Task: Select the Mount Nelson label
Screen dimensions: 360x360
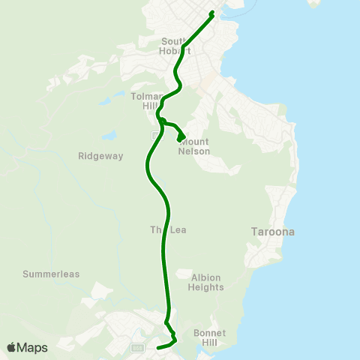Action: pyautogui.click(x=194, y=146)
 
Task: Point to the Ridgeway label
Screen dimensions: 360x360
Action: pyautogui.click(x=95, y=156)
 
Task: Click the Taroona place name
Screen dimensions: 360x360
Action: pyautogui.click(x=271, y=232)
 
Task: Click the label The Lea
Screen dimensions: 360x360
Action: pyautogui.click(x=166, y=230)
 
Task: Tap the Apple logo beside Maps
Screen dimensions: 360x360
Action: pyautogui.click(x=12, y=347)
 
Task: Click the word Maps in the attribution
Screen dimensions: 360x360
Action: pyautogui.click(x=32, y=347)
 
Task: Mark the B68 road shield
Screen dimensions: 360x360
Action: pyautogui.click(x=136, y=348)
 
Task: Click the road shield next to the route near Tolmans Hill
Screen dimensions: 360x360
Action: pyautogui.click(x=154, y=136)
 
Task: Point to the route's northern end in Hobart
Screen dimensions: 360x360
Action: pyautogui.click(x=213, y=13)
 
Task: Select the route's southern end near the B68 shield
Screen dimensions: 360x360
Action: pyautogui.click(x=157, y=348)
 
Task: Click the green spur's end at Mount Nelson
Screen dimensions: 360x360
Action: pyautogui.click(x=179, y=139)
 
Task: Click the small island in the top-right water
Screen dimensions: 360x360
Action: pyautogui.click(x=314, y=3)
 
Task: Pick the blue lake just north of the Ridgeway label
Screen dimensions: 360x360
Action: pyautogui.click(x=110, y=136)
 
